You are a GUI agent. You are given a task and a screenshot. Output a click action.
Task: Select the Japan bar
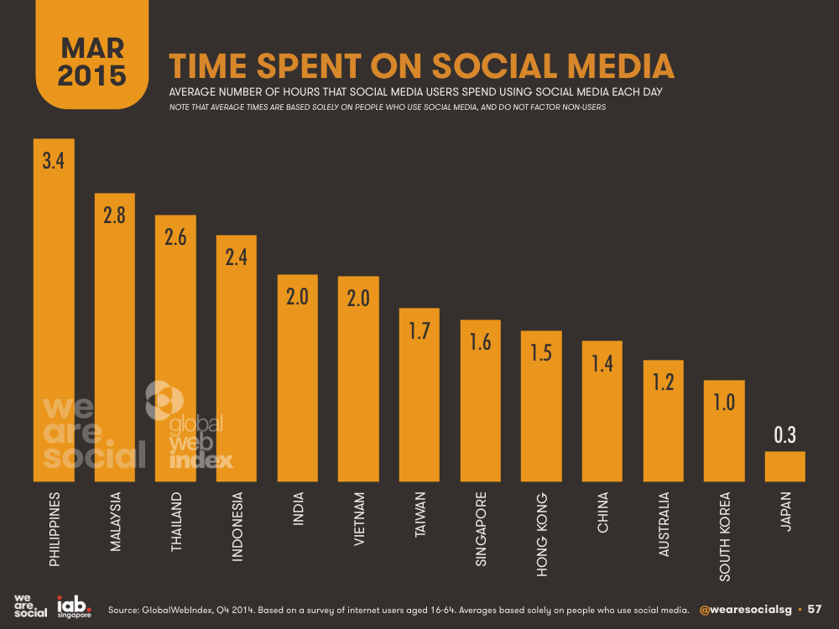(784, 466)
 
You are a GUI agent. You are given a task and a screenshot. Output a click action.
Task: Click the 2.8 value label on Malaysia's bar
(115, 216)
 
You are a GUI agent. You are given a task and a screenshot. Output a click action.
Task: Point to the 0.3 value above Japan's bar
(784, 434)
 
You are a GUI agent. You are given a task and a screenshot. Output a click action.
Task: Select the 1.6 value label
(480, 343)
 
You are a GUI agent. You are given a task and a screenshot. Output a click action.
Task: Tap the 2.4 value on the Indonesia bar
(237, 257)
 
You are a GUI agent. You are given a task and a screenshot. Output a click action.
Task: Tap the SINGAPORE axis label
(481, 529)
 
